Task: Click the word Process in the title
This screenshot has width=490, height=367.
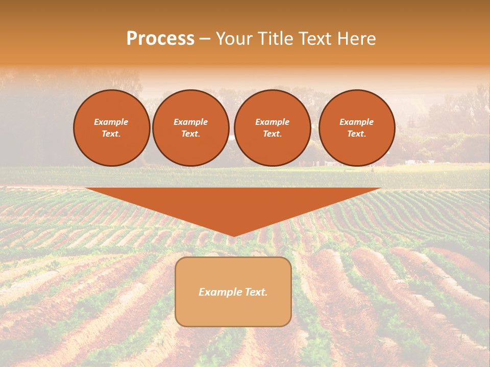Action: point(160,39)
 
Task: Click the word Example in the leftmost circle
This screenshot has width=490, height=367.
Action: point(111,122)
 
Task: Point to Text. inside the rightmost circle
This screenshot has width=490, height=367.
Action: point(356,134)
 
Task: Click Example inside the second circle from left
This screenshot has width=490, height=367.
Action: point(190,122)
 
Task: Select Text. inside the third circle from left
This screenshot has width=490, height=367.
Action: point(272,134)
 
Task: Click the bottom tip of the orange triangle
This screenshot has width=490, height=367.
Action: point(233,235)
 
